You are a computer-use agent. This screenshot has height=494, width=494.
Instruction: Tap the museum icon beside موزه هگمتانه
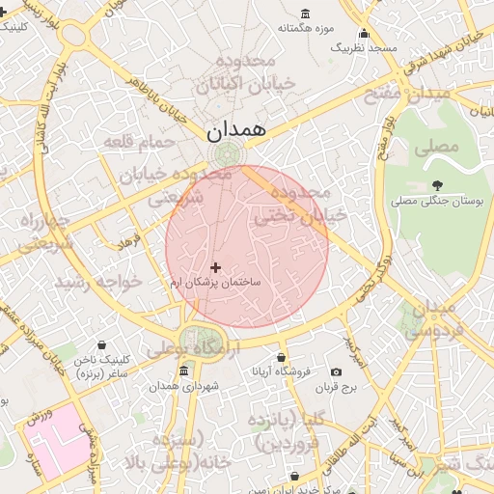coord(306,13)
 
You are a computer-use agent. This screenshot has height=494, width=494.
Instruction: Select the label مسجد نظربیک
coord(364,46)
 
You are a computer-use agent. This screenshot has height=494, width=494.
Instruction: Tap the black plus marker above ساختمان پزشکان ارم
coord(214,266)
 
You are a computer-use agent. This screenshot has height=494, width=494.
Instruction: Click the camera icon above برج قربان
coord(336,372)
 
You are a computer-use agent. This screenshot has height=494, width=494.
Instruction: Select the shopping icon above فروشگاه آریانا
coord(282,357)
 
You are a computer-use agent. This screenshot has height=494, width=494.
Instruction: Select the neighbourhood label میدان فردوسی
coord(428,317)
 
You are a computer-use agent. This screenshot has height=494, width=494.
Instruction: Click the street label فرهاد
coord(128,239)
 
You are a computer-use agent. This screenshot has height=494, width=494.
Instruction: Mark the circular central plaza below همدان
coord(229,154)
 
